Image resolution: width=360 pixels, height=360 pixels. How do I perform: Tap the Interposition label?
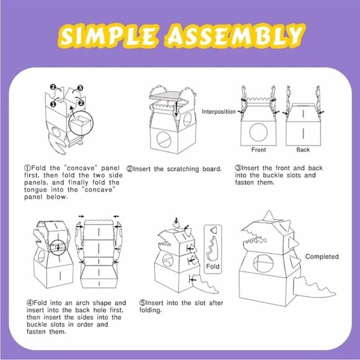tap(218, 112)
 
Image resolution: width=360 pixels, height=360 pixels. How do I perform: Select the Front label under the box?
tap(259, 150)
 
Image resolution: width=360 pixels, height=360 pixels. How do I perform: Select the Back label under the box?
tap(303, 150)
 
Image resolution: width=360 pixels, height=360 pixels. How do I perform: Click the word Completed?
tap(322, 257)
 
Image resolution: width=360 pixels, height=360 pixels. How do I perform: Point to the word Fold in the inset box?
tap(213, 266)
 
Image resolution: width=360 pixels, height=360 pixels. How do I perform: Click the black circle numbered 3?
tap(80, 88)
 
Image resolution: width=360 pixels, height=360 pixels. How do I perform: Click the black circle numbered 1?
tap(53, 104)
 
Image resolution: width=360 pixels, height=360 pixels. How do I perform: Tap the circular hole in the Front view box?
tap(258, 132)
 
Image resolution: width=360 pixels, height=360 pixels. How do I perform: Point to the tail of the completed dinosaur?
tap(313, 289)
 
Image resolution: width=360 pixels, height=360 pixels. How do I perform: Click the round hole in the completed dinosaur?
tap(263, 263)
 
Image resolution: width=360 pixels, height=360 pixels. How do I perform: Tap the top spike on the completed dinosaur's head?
tap(269, 216)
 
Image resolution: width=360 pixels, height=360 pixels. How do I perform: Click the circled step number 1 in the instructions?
tap(27, 168)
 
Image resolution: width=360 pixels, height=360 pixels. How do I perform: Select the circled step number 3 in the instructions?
tap(238, 168)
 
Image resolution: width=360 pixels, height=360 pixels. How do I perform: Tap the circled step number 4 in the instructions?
tap(30, 303)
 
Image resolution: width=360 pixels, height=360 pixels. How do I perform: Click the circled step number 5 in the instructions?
tap(143, 303)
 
